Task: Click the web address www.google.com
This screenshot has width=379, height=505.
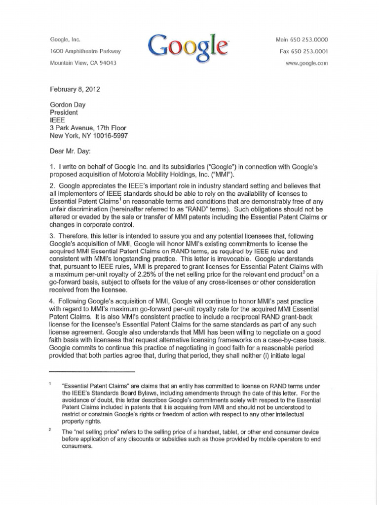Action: tap(307, 64)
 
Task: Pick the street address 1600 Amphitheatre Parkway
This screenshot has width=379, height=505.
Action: tap(85, 51)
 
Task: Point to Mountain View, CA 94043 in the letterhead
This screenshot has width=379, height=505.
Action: tap(84, 63)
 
